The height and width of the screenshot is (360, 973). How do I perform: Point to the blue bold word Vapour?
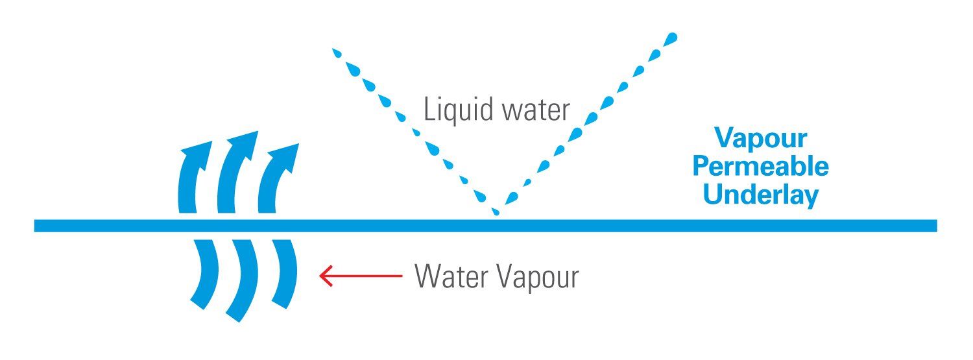tap(761, 139)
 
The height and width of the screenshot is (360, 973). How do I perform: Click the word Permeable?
tap(761, 166)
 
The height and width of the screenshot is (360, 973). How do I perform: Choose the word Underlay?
tap(761, 195)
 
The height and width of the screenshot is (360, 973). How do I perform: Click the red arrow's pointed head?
tap(320, 276)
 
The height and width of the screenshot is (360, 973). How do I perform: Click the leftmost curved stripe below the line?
tap(204, 274)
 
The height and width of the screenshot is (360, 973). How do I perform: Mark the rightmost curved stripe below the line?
tap(285, 274)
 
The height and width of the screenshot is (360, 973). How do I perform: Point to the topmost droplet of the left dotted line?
tap(337, 53)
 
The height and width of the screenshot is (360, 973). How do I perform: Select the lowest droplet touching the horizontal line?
tap(495, 211)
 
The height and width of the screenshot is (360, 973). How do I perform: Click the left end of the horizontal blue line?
tap(35, 226)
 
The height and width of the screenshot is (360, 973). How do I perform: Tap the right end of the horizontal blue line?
tap(937, 226)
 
